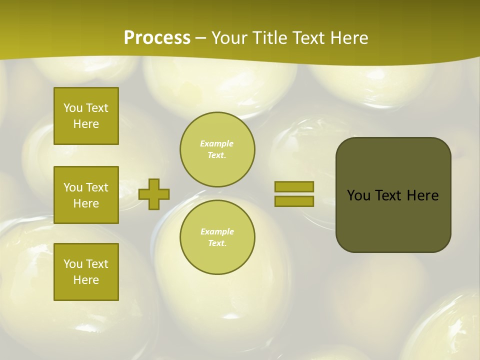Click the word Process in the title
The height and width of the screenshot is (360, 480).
[157, 38]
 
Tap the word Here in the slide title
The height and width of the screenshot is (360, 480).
[347, 38]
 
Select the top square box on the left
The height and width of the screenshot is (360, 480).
[86, 116]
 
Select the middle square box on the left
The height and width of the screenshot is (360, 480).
[86, 195]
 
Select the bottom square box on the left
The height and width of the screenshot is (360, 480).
[86, 272]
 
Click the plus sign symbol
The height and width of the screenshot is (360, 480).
[154, 194]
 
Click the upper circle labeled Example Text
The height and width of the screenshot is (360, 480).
[217, 149]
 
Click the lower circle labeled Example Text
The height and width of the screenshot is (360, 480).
[217, 237]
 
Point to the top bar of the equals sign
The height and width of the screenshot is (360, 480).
[294, 186]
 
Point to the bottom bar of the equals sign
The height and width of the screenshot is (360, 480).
[294, 201]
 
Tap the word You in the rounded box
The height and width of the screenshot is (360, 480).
[358, 195]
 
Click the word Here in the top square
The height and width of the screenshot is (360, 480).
[86, 124]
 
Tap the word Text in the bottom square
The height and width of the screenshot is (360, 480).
[97, 264]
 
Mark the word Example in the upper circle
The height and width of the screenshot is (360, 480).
[217, 144]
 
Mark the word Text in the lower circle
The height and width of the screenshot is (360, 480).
[217, 243]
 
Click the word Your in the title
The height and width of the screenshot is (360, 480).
[229, 38]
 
